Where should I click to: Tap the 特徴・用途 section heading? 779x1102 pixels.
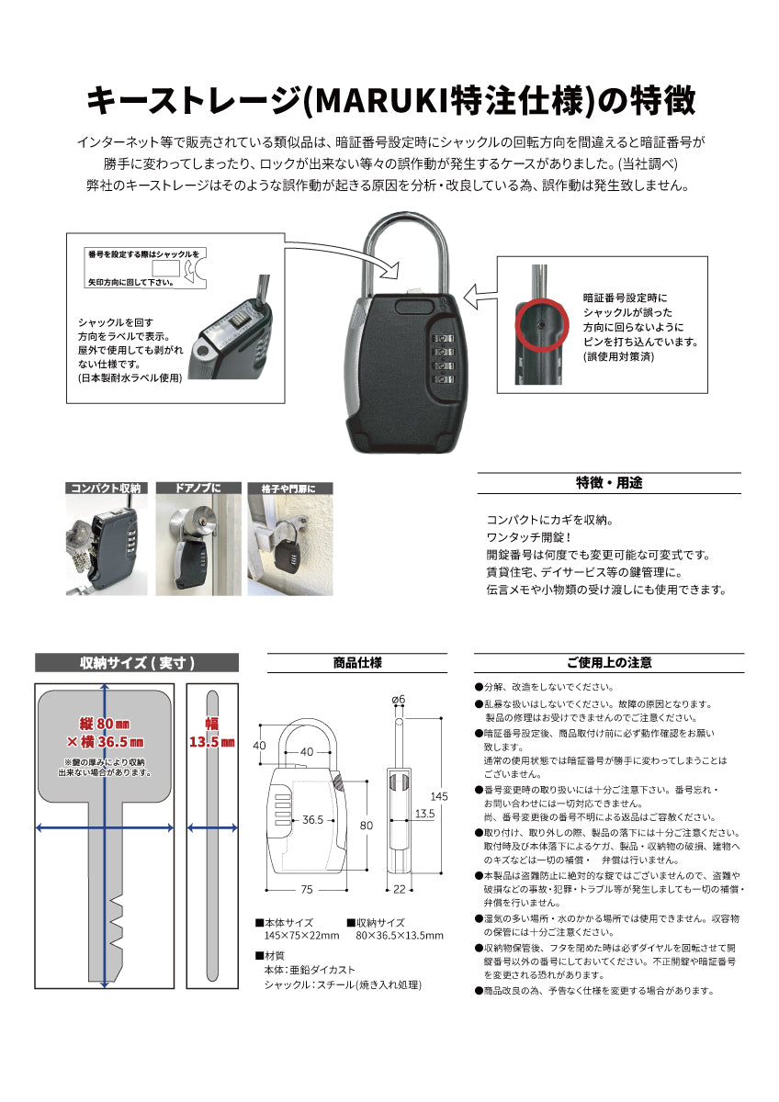(x=609, y=483)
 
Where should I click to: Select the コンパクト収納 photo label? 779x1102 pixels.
(x=106, y=489)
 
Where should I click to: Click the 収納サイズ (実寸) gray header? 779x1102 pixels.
(x=136, y=663)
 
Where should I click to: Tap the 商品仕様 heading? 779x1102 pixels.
(x=356, y=663)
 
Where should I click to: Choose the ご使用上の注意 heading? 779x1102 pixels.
(x=609, y=663)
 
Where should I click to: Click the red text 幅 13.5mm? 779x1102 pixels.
(x=211, y=733)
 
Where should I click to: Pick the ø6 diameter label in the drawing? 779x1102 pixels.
(x=399, y=701)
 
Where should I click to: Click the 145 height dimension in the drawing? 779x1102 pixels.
(x=439, y=796)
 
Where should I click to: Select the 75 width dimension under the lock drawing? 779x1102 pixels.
(x=307, y=889)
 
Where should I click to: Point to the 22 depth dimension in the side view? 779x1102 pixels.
(x=400, y=889)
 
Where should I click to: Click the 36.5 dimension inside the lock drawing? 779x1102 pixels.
(x=312, y=819)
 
